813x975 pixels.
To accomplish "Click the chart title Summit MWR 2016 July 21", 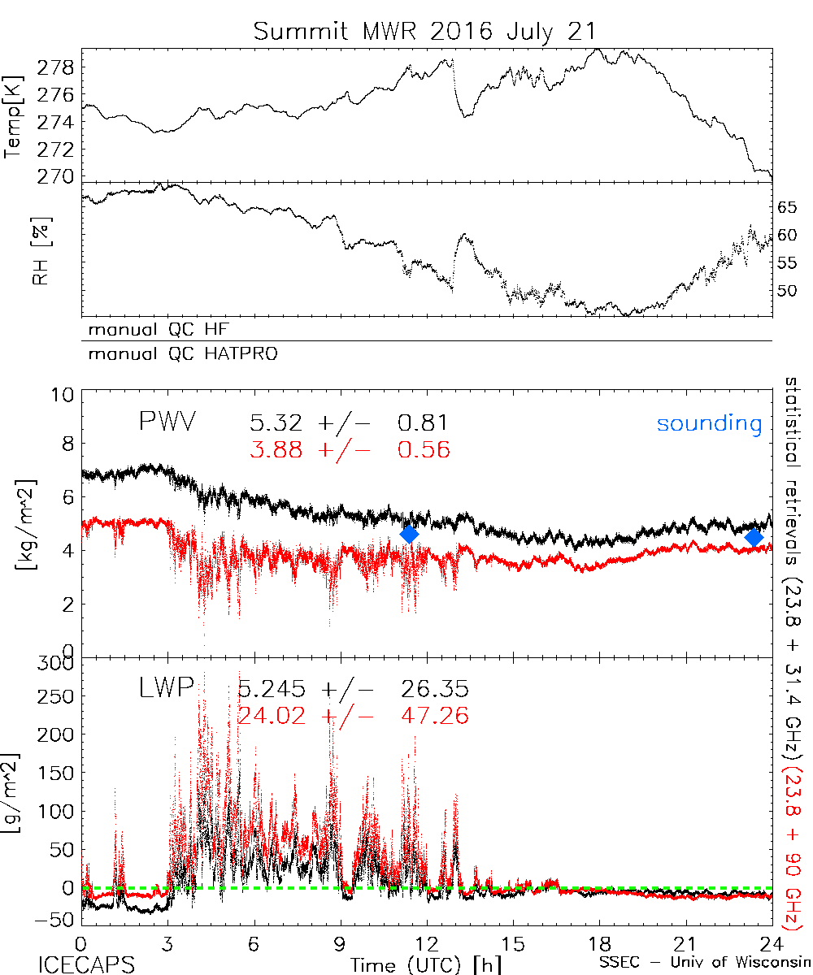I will [x=424, y=31].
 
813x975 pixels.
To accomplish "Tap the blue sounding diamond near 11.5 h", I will [x=410, y=534].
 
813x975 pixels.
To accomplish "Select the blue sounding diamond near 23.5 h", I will [x=754, y=537].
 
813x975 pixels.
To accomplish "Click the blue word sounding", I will [x=709, y=423].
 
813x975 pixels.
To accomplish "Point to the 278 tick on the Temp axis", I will [x=61, y=67].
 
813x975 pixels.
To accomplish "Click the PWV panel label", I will [x=169, y=422].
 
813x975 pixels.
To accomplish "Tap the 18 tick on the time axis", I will [x=599, y=944].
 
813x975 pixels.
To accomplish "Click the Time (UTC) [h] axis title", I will [x=415, y=964].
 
